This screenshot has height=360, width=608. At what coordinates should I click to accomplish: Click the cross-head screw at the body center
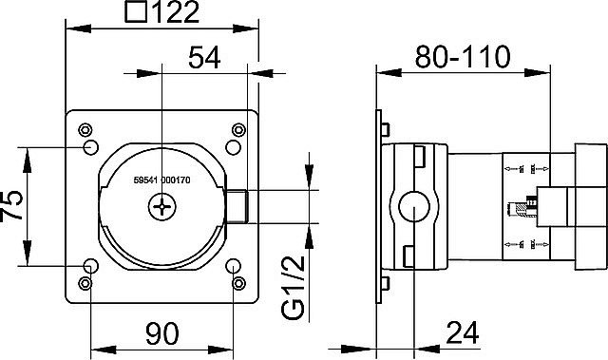tap(163, 203)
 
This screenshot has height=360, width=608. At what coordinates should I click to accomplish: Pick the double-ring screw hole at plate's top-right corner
tap(237, 129)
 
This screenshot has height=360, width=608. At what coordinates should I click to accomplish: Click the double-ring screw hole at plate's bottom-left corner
tap(86, 282)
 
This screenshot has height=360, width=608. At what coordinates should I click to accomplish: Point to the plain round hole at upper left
tap(91, 147)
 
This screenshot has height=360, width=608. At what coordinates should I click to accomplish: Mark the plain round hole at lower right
tap(233, 266)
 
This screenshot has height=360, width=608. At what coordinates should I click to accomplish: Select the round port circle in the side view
tap(414, 205)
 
